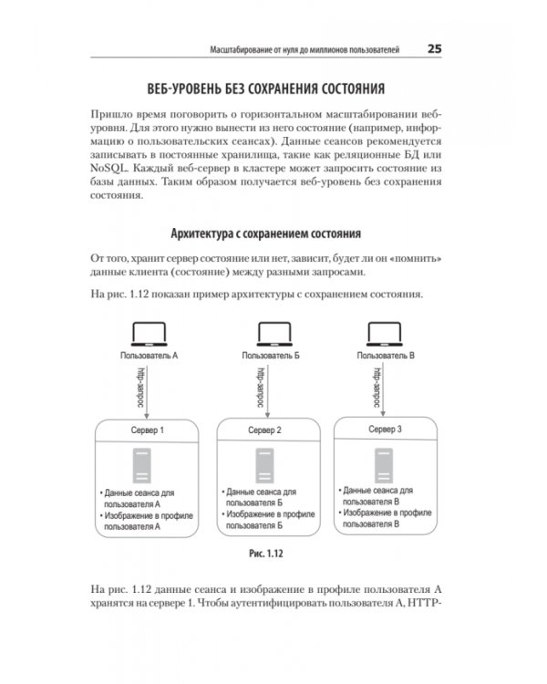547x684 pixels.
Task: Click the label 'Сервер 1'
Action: point(148,430)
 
